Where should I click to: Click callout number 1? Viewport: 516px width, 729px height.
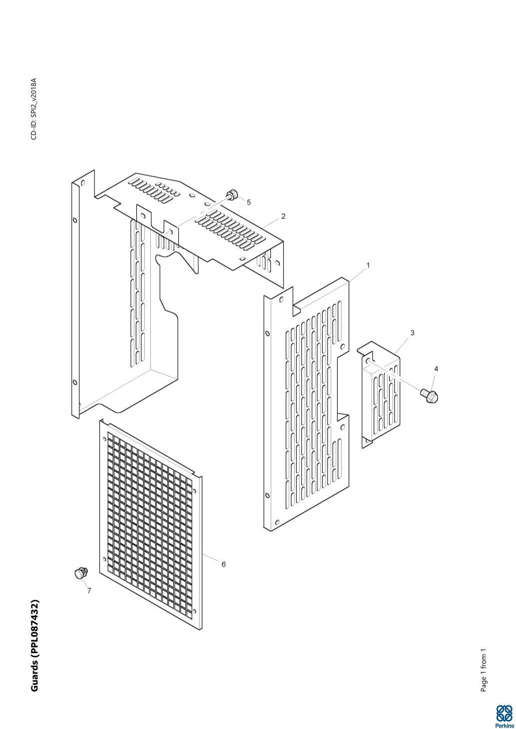(x=368, y=265)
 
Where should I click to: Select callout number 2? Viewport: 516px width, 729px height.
(x=283, y=216)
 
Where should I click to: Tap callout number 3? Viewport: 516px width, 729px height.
(x=413, y=333)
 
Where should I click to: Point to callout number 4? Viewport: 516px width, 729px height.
(x=436, y=369)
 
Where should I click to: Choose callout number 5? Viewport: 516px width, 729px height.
(x=249, y=203)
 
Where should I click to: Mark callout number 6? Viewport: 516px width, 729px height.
(x=223, y=564)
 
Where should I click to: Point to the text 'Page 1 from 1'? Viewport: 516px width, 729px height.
(x=484, y=670)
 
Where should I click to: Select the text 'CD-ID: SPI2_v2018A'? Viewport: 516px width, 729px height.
(x=34, y=109)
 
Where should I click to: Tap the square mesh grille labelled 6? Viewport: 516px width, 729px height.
(x=150, y=524)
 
